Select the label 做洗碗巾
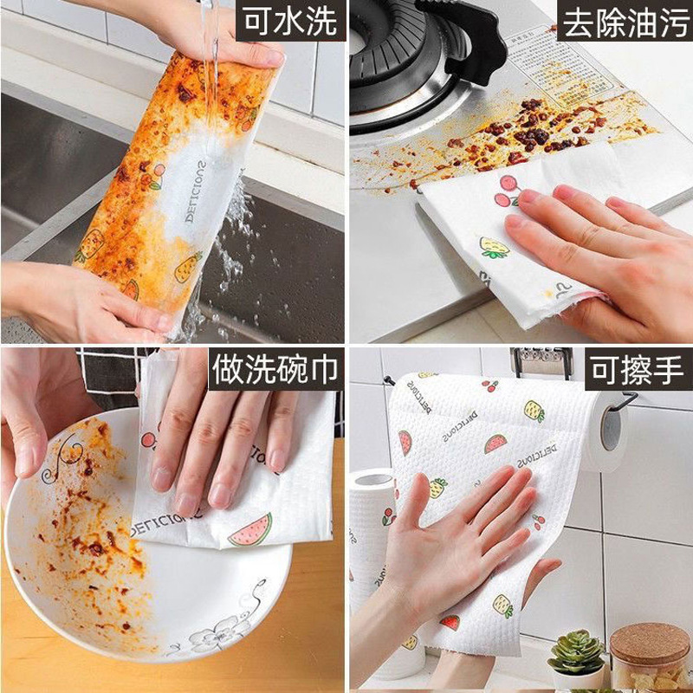coord(274,371)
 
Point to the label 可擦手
coord(638,371)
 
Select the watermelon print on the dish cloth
coord(250,529)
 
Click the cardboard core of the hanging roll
coord(614,429)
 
